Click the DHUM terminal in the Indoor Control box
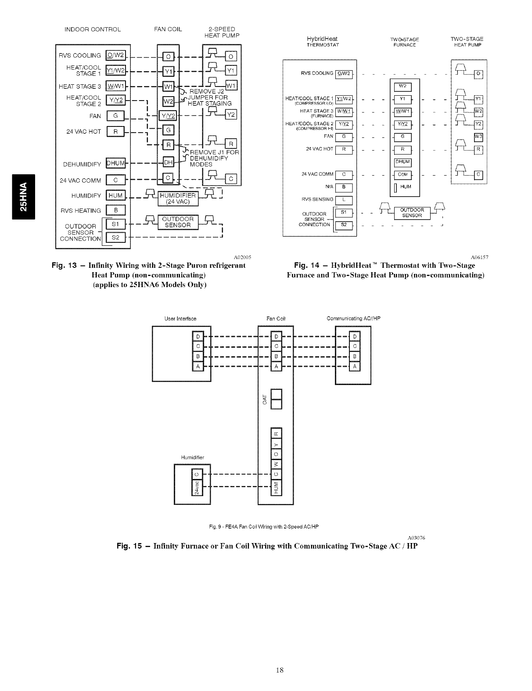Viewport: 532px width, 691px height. [116, 163]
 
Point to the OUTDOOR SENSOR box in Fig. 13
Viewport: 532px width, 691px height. [177, 223]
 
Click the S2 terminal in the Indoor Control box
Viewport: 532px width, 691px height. [115, 238]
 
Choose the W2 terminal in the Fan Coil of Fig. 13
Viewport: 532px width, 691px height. [168, 101]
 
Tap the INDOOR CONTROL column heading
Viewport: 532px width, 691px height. [92, 30]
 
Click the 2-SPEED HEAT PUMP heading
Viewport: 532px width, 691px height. [222, 32]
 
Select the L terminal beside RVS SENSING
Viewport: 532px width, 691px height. [344, 201]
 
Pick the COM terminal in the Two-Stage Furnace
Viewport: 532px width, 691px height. [403, 175]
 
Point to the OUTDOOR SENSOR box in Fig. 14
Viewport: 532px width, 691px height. [412, 213]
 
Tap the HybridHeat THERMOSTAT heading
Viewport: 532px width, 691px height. [323, 42]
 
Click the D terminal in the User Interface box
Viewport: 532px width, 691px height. [198, 337]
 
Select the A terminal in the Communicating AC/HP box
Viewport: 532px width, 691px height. [355, 366]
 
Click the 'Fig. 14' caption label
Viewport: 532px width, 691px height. [308, 266]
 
